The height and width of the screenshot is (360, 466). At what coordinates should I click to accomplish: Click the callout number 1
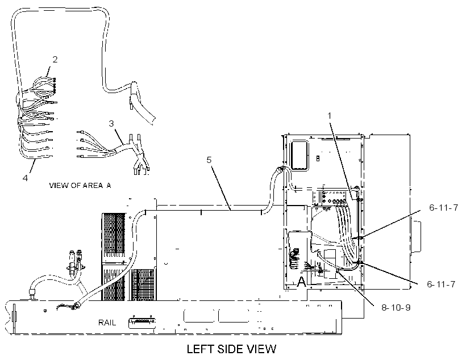click(x=329, y=115)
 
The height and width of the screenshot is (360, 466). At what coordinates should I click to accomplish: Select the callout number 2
click(x=55, y=60)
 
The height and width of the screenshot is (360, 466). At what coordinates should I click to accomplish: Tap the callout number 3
click(x=111, y=123)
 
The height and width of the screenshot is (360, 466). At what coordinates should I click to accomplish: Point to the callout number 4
click(x=25, y=178)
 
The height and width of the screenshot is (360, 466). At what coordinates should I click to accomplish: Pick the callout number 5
click(x=209, y=160)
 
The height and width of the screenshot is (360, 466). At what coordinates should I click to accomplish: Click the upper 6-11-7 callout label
click(x=443, y=208)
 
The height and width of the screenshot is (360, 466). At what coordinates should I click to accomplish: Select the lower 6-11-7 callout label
click(x=441, y=284)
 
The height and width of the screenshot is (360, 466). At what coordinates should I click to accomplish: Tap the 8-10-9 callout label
click(x=396, y=307)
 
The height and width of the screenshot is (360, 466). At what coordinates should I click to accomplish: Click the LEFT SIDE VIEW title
click(x=231, y=349)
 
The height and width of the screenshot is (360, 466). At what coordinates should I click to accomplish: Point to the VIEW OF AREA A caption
click(x=80, y=185)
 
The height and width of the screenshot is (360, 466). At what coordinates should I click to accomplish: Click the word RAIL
click(x=107, y=323)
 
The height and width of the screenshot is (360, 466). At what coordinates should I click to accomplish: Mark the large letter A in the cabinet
click(x=301, y=281)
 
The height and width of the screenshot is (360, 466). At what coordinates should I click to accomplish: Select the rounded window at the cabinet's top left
click(x=300, y=156)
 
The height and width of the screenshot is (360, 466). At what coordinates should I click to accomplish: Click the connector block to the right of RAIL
click(x=142, y=323)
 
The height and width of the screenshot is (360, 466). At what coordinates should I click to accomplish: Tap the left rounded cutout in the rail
click(x=199, y=316)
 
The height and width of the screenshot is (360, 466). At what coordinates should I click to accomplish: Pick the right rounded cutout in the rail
click(x=234, y=316)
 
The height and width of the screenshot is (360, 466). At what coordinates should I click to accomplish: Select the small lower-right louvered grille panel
click(x=144, y=284)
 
